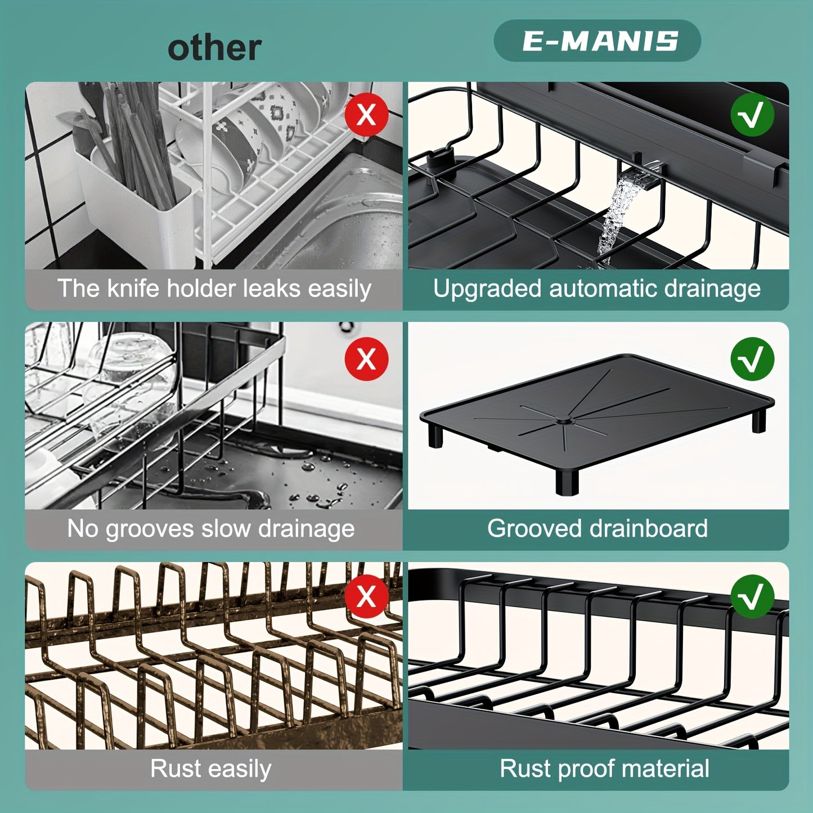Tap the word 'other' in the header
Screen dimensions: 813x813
[214, 48]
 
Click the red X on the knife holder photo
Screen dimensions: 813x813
[366, 115]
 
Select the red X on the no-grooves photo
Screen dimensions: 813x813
[366, 359]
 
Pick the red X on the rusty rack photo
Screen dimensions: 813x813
[366, 596]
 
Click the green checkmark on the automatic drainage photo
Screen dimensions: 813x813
[752, 115]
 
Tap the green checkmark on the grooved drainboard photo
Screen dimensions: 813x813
[752, 359]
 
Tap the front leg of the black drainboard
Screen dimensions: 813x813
[567, 481]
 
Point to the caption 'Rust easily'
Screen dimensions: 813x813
[211, 769]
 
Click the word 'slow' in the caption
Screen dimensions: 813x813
[226, 529]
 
